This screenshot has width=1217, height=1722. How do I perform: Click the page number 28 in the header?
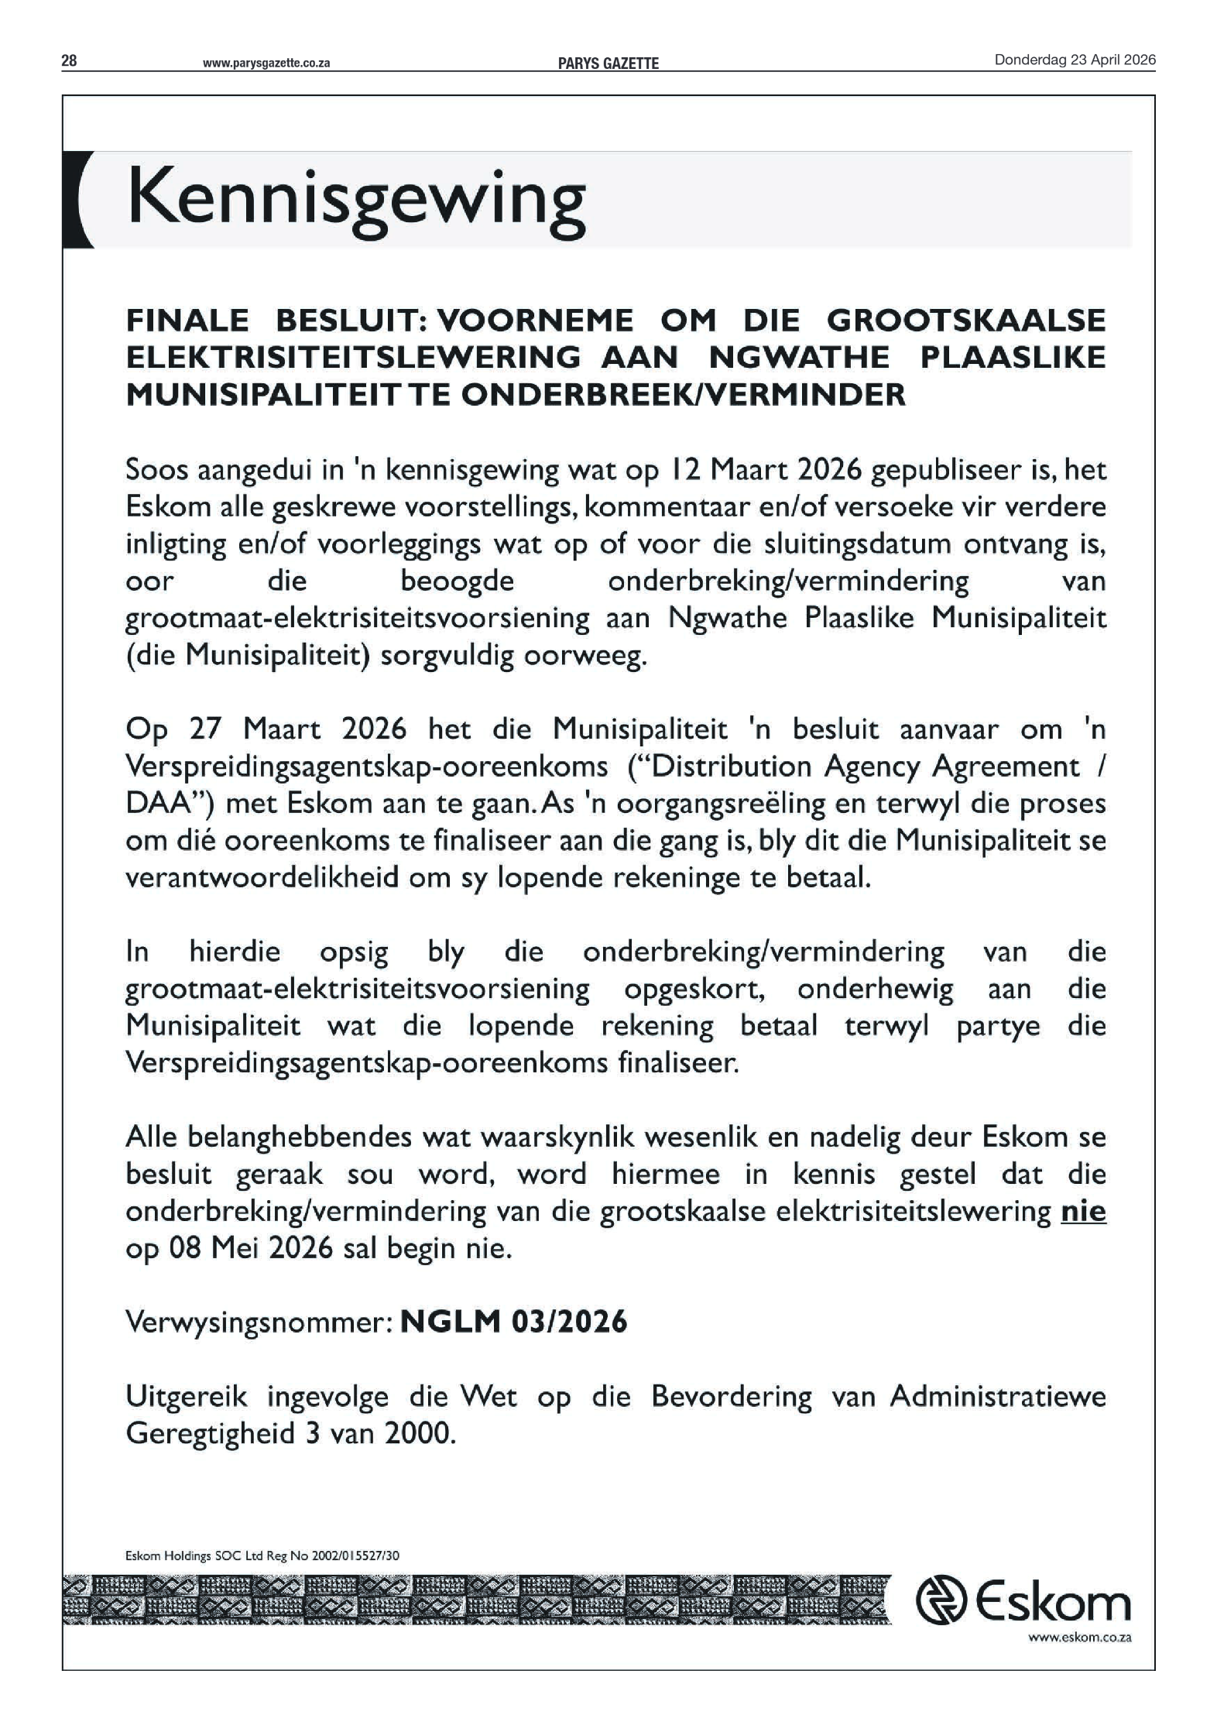pos(69,61)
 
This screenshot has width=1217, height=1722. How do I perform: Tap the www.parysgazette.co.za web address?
pos(266,63)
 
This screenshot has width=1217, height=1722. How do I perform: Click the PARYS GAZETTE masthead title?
pos(608,63)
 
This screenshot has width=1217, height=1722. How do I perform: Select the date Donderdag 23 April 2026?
pos(1075,60)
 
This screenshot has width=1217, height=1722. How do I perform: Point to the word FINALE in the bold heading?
pos(187,320)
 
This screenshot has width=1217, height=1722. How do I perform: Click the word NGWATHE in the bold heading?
pos(799,357)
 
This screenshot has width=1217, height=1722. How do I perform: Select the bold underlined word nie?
pos(1083,1211)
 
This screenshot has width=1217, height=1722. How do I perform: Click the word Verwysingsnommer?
pos(255,1322)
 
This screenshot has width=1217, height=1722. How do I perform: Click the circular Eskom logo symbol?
pos(940,1600)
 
